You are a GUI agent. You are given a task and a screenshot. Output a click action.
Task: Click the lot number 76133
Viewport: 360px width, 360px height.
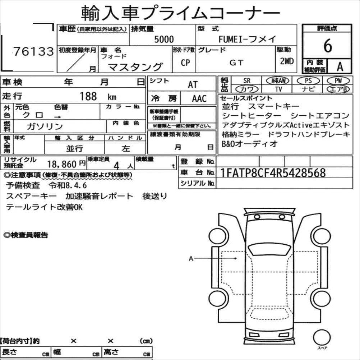[x=33, y=51]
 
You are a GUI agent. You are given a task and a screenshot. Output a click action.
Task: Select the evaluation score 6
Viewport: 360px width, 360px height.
[x=328, y=46]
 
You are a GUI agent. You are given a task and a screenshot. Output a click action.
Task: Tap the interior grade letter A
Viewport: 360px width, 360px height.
[x=340, y=67]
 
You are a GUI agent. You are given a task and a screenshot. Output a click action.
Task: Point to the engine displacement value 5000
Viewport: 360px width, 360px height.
[x=164, y=39]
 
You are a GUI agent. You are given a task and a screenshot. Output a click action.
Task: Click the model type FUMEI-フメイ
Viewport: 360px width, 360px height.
[x=247, y=39]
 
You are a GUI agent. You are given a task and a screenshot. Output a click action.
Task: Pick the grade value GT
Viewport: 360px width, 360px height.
[x=236, y=63]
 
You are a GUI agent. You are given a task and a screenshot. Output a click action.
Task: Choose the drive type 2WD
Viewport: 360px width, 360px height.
[x=287, y=61]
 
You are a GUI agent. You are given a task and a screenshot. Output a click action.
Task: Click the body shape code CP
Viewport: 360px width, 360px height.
[x=185, y=63]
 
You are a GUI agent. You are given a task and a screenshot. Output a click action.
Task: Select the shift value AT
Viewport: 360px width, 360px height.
[x=193, y=84]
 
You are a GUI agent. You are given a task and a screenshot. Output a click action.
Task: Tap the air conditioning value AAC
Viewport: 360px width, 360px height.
[x=199, y=98]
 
